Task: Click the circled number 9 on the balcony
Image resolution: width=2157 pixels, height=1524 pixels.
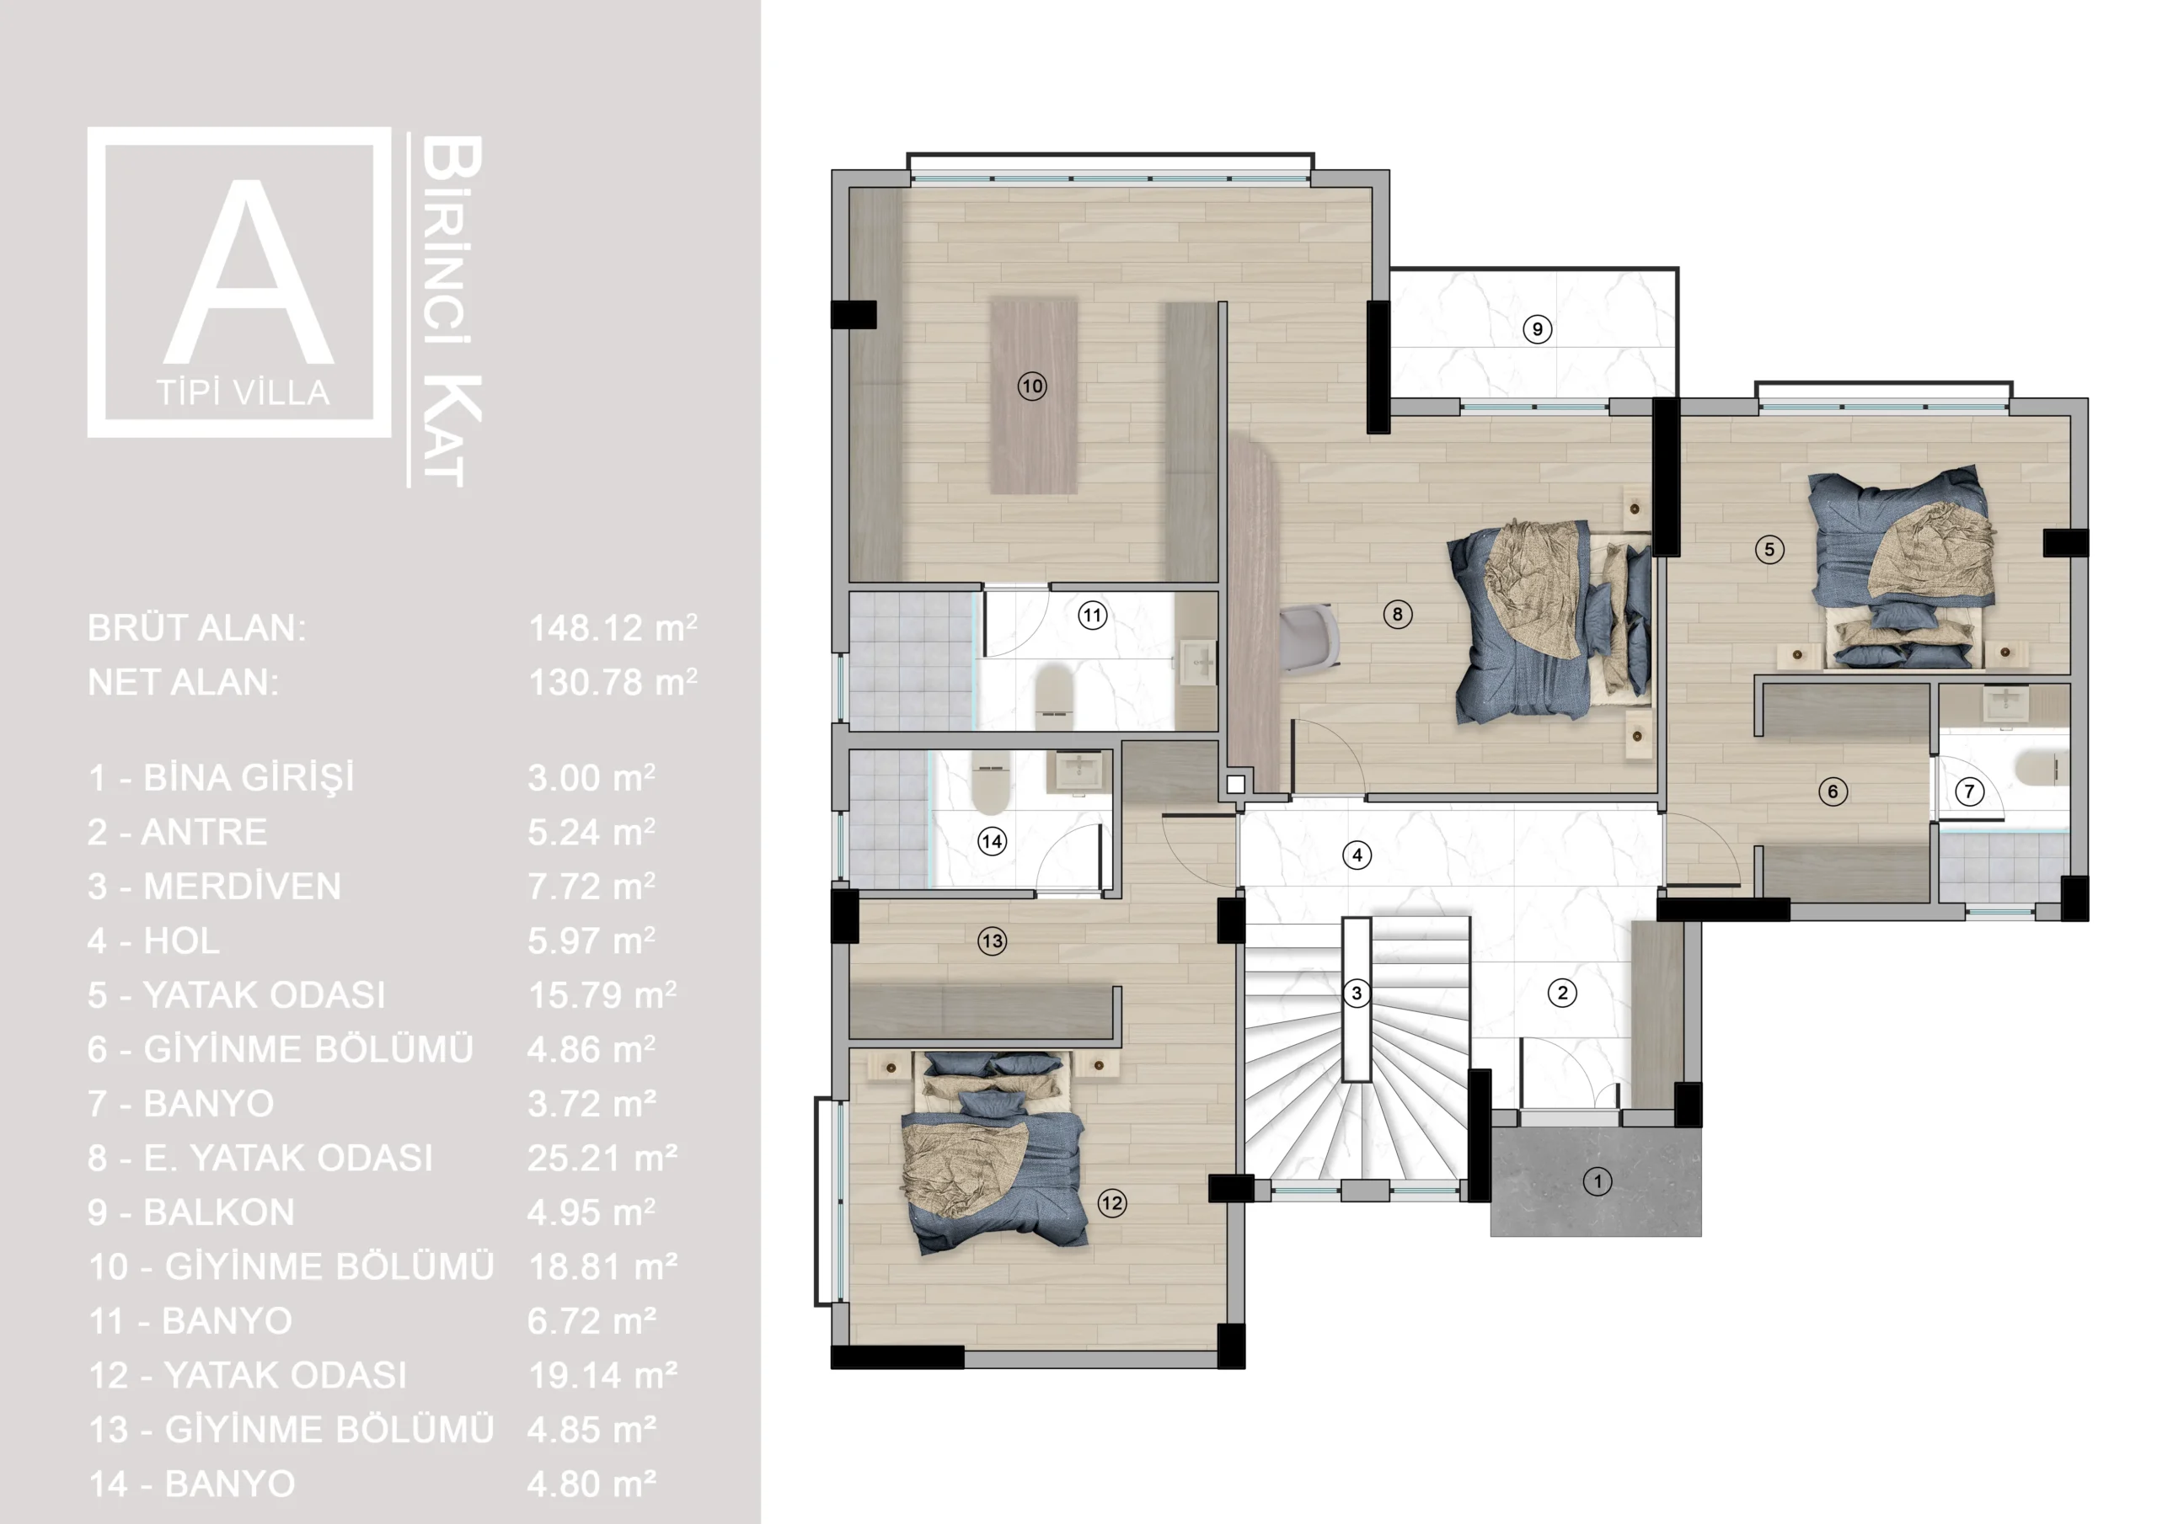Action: pos(1537,328)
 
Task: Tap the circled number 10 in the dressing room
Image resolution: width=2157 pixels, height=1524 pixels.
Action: pos(1031,386)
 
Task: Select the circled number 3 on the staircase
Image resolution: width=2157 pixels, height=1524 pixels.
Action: pos(1356,993)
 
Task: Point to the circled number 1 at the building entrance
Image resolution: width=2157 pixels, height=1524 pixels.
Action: pos(1597,1181)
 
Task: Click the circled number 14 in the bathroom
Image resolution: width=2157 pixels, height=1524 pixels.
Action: pos(992,841)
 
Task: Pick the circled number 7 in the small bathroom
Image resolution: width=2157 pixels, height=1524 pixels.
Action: pos(1969,791)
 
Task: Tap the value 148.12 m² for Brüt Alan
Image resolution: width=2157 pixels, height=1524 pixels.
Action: pos(613,628)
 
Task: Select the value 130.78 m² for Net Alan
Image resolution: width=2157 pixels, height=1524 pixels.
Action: pos(613,683)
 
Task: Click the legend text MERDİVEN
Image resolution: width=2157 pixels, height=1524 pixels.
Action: pos(243,887)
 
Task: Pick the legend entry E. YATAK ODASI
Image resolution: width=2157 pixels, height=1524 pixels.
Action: pos(287,1158)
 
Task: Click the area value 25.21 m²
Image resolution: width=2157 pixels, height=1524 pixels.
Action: pos(602,1158)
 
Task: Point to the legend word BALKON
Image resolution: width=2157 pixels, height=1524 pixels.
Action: pos(219,1212)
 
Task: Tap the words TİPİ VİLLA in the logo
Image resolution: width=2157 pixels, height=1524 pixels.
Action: pos(244,392)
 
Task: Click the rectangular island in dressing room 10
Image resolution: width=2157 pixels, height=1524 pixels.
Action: pos(1033,396)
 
